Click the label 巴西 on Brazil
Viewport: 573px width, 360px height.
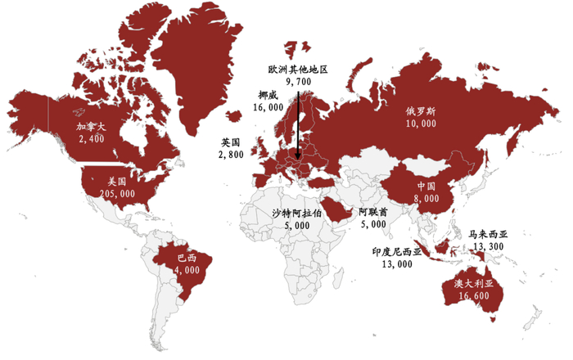(x=187, y=259)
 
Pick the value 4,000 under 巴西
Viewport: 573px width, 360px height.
(x=187, y=270)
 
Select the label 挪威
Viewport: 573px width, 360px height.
(x=268, y=95)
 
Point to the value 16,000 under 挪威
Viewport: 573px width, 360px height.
(x=268, y=107)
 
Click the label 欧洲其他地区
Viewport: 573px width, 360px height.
(x=297, y=70)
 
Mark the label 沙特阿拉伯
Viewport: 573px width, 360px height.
(x=297, y=212)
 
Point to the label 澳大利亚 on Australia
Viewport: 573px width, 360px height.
(x=474, y=284)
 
